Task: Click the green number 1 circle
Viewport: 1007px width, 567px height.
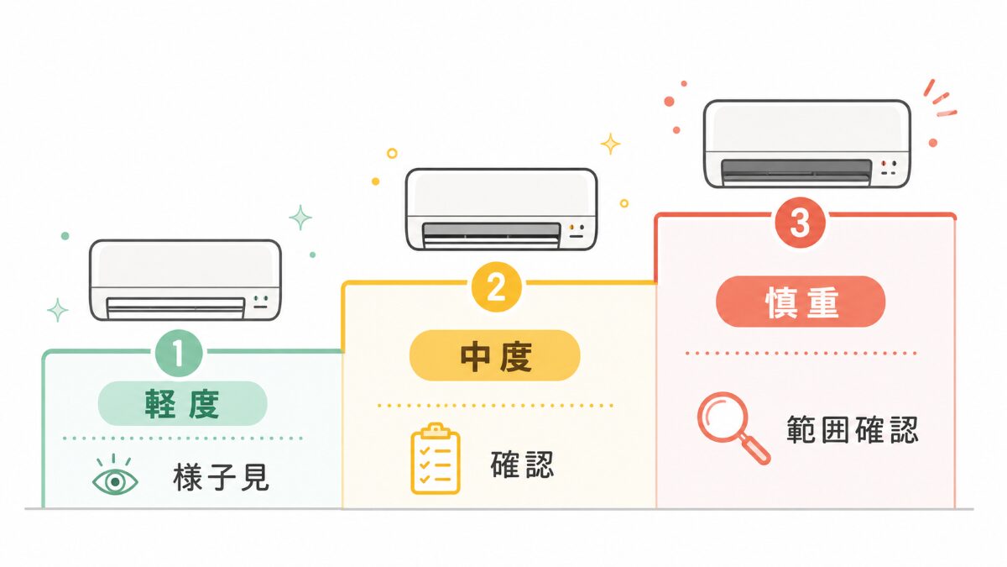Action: pos(179,354)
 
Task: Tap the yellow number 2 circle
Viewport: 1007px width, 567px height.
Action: pos(497,287)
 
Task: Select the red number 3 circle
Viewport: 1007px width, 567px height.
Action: pos(800,223)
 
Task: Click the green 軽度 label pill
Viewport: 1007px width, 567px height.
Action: pos(183,403)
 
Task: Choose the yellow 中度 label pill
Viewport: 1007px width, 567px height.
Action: pos(495,355)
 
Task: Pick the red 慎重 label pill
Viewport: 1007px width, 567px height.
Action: pos(801,302)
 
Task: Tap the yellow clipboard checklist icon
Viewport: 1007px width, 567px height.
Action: pos(436,459)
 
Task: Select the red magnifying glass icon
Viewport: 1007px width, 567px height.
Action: pos(733,428)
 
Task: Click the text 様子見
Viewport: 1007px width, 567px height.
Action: pos(222,477)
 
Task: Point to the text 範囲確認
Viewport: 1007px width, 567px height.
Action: pos(853,430)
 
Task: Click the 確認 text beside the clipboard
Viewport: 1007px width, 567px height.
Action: pos(522,465)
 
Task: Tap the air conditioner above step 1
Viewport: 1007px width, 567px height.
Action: pos(185,281)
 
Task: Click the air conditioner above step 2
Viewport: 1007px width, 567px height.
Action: pos(502,209)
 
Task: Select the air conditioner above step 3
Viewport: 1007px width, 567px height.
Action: pos(807,144)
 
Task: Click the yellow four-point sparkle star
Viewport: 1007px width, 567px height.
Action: pos(611,144)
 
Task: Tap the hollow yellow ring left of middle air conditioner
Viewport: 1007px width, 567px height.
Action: pos(392,154)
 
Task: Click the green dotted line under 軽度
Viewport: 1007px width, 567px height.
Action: pos(183,438)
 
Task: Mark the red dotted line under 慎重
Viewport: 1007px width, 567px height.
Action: pos(801,354)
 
